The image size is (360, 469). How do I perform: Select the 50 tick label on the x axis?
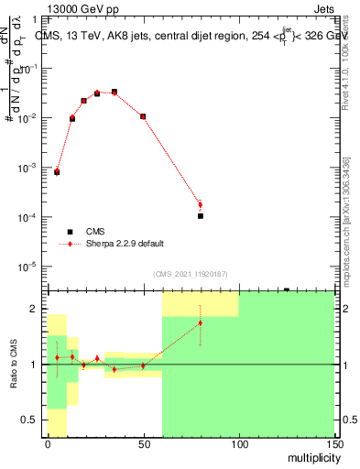tap(143, 444)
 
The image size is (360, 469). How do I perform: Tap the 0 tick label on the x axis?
tap(48, 444)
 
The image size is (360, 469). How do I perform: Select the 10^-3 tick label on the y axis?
tap(28, 168)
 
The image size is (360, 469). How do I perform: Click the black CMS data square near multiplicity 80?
tap(200, 216)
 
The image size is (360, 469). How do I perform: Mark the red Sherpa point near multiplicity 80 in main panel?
tap(200, 204)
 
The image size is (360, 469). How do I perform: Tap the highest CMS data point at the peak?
tap(114, 92)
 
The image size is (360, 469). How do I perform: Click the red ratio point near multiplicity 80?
tap(200, 322)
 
